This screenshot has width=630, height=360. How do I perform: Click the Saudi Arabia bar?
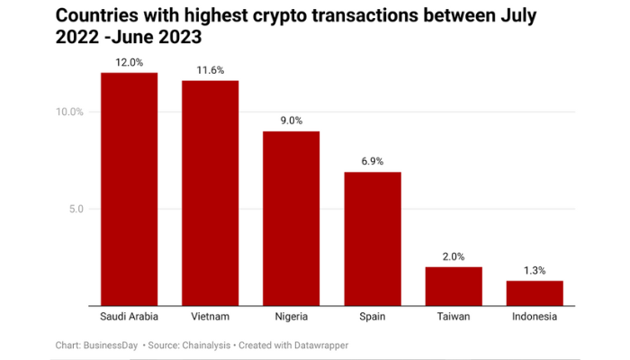point(129,189)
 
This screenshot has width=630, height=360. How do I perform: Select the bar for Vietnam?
point(210,193)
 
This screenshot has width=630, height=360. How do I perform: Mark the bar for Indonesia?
point(535,293)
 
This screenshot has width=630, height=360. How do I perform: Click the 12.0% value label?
point(129,62)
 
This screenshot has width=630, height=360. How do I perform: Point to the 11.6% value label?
point(210,70)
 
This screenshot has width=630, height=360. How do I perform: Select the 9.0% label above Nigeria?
point(291,121)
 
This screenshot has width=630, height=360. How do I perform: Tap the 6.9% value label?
point(373,161)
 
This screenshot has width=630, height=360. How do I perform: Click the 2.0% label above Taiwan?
point(454,256)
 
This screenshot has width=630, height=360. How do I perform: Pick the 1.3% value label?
point(535,270)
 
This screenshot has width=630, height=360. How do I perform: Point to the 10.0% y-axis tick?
point(70,112)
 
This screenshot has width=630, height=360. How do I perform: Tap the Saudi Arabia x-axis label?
point(129,317)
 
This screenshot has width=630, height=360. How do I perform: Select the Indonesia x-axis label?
point(535,317)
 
